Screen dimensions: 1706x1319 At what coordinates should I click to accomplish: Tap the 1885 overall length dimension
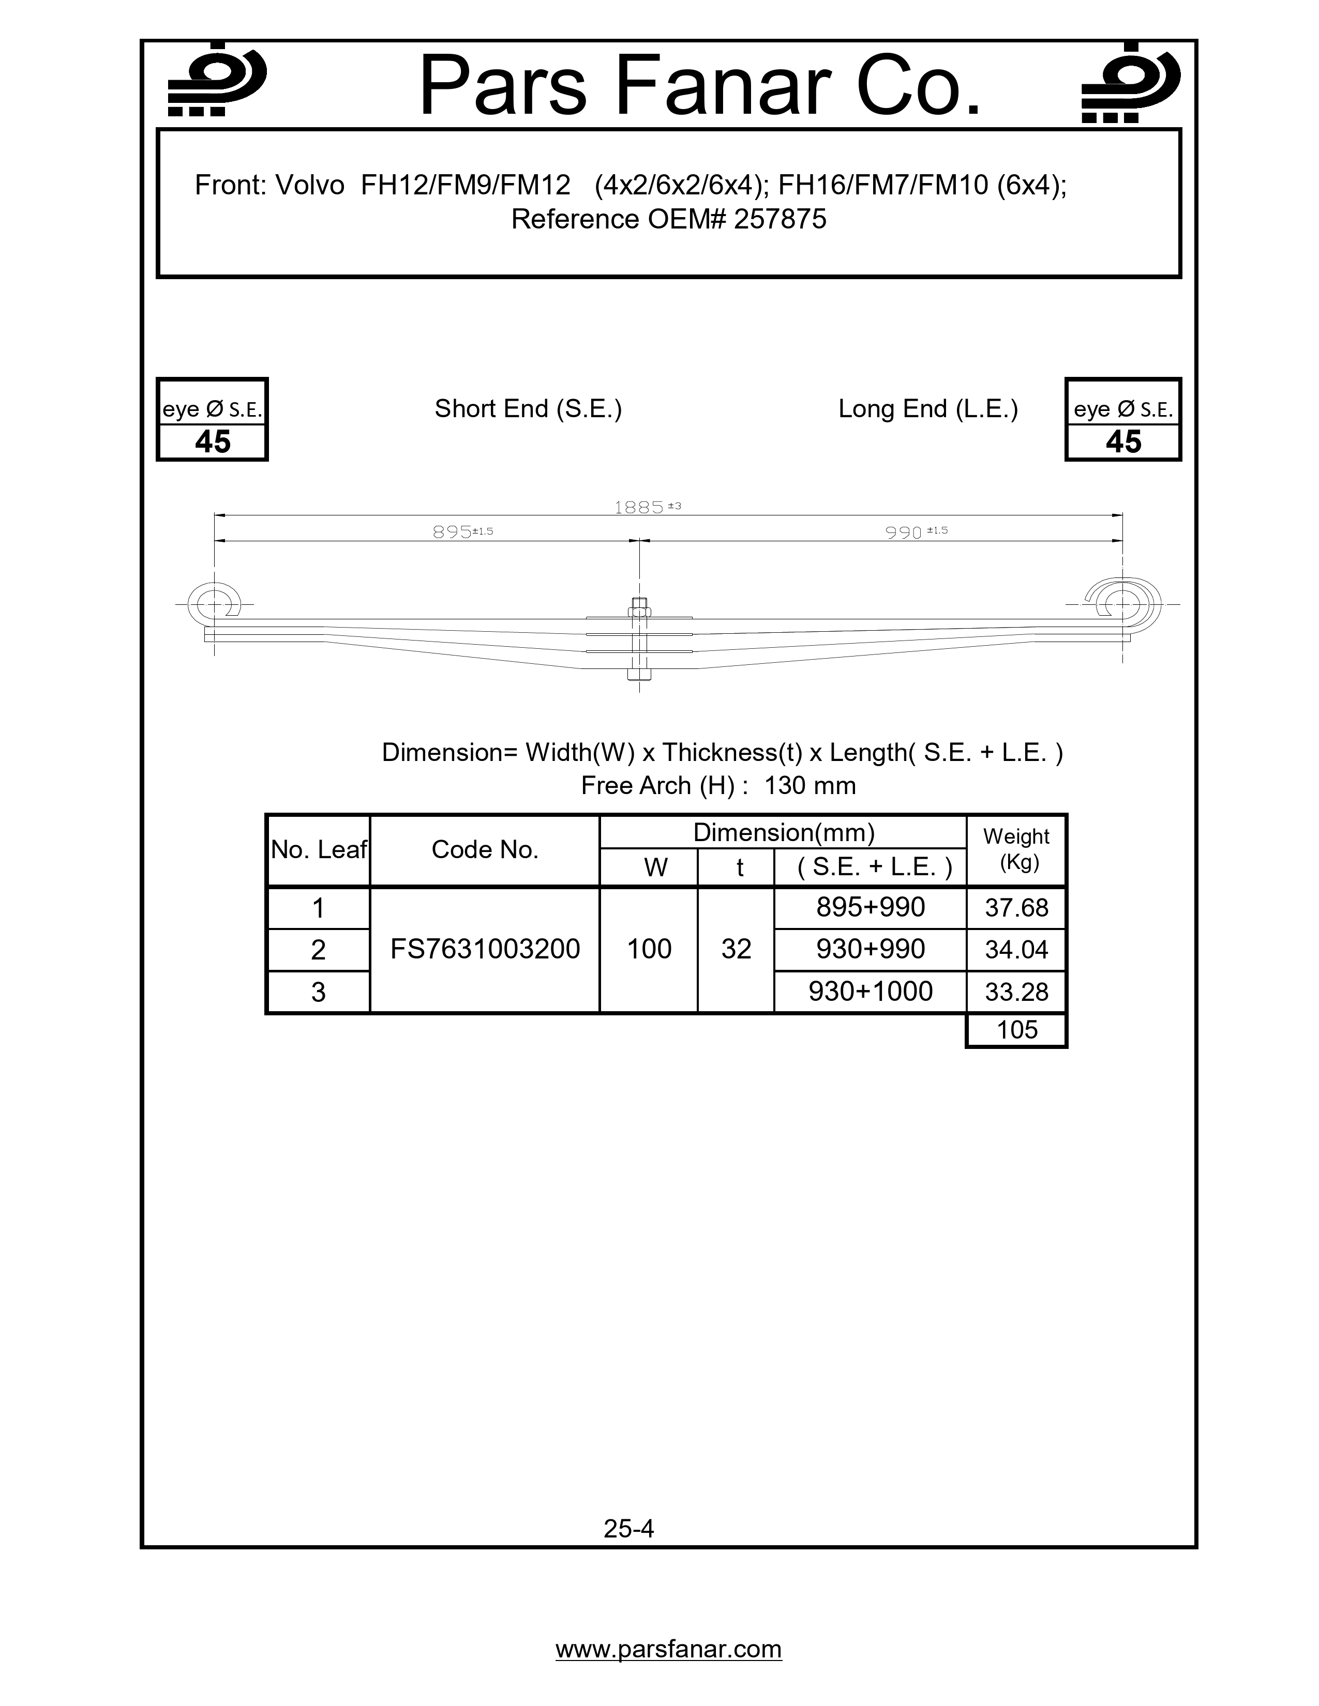pos(639,508)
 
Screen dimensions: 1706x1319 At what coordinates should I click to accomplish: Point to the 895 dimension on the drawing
pos(453,532)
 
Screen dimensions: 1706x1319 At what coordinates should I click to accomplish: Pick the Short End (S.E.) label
pos(528,408)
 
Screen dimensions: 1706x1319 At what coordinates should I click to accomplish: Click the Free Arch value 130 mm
pos(810,786)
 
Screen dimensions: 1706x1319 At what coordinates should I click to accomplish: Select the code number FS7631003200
pos(485,949)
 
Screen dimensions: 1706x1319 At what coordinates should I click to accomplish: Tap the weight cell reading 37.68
pos(1016,908)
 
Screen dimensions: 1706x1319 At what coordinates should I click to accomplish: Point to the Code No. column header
pos(485,850)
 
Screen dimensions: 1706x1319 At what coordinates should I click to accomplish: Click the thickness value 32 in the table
pos(736,949)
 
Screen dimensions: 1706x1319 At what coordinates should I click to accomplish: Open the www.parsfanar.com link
pos(668,1649)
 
